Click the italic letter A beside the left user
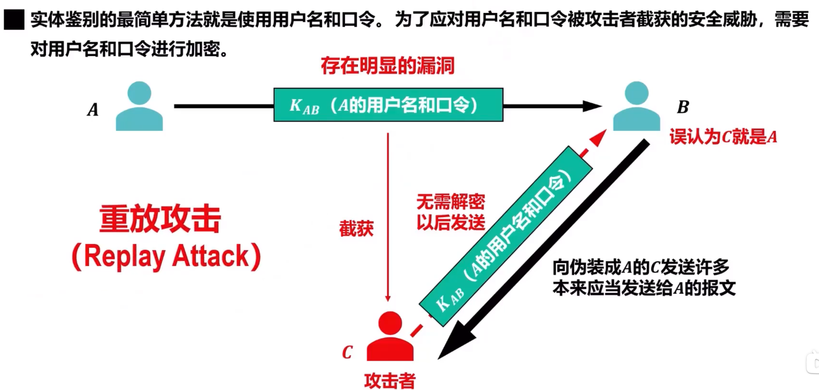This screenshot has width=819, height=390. coord(93,110)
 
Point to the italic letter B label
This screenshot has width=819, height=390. coord(683,107)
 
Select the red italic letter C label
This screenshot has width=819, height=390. coord(347,352)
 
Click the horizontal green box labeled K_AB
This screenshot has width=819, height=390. coord(388,105)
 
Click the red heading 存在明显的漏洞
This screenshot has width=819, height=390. coord(387,66)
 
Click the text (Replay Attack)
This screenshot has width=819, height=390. coord(166,256)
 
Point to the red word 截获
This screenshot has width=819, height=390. coord(356,229)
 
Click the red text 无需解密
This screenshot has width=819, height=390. coord(451,202)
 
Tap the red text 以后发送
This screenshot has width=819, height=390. coord(451,222)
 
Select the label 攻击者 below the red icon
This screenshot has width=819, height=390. coord(390,381)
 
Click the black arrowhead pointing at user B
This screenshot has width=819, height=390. coord(592,106)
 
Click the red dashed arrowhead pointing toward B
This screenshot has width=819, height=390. coord(598,138)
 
